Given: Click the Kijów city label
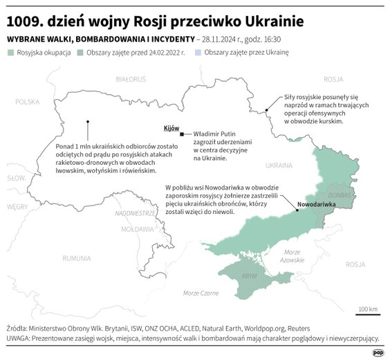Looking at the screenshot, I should coord(171,129).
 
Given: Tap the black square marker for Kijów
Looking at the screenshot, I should coord(182,134).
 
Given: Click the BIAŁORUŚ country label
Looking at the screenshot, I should coord(130,80).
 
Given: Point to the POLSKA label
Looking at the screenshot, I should coord(28,102).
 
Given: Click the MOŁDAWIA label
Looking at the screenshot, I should coord(137,228).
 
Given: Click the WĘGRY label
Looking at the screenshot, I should coord(17,206).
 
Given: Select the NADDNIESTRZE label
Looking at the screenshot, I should coord(138,213).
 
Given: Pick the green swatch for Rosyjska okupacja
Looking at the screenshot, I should coord(10,53).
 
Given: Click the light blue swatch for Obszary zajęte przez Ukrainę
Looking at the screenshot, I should coord(198,53).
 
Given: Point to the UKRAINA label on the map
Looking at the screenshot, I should coord(279,166).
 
